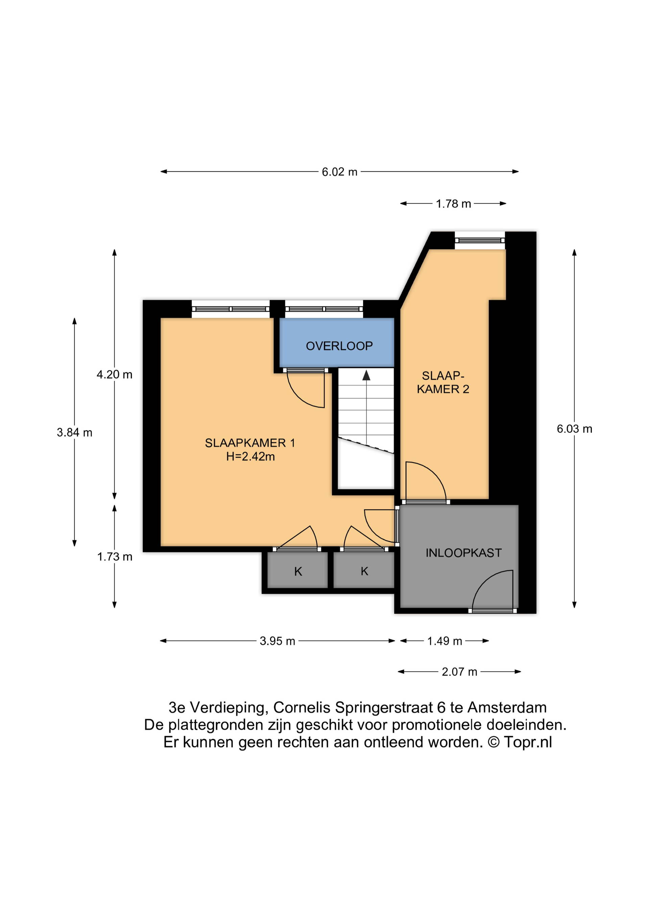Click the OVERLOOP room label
[339, 346]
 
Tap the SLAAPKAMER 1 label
[250, 443]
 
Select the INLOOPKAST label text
[463, 553]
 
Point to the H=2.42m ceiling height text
[250, 456]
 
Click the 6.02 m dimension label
[340, 172]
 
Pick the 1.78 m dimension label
[453, 204]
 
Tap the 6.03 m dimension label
[574, 429]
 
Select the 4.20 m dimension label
[114, 375]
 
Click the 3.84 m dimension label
[74, 432]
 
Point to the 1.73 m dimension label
[115, 557]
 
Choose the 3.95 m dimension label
[277, 641]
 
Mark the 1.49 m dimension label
[445, 641]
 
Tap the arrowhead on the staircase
[366, 375]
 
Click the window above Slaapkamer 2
[480, 240]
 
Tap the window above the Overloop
[324, 309]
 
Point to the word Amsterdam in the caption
[507, 708]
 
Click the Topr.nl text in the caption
[528, 743]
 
